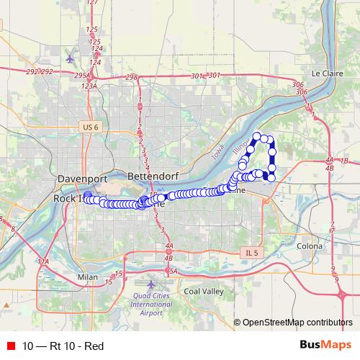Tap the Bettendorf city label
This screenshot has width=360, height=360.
point(151,176)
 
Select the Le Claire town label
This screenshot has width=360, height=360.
point(326,73)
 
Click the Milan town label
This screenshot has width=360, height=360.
point(88,276)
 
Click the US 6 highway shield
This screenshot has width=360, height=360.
point(89,127)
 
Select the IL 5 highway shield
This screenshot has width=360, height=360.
point(249,252)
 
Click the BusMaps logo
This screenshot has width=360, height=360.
point(326,346)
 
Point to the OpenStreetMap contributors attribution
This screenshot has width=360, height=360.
point(297,323)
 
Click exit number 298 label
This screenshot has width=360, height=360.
point(131,76)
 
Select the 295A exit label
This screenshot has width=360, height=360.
point(81,74)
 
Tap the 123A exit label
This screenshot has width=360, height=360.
point(89,86)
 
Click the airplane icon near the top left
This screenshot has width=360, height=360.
point(70,57)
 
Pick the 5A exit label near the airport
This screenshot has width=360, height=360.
point(173,271)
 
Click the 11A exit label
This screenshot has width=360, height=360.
point(43,261)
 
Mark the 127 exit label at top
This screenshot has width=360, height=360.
point(91,3)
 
